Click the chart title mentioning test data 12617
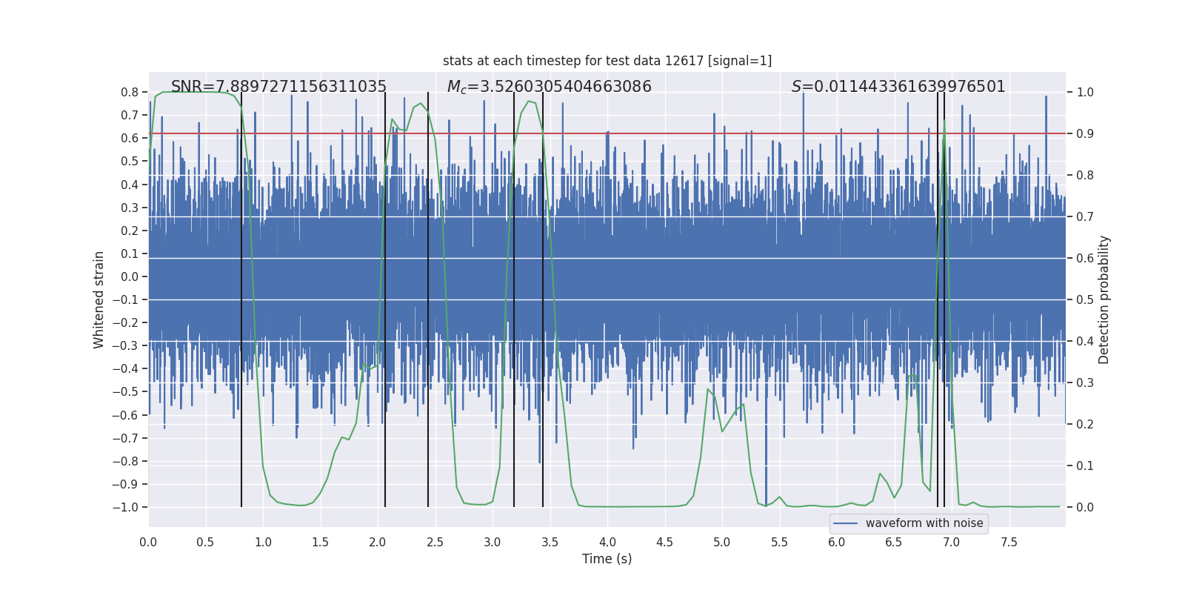point(607,61)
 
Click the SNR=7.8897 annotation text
point(278,87)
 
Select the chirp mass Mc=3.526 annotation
point(549,87)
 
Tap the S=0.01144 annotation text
point(898,87)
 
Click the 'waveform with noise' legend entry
point(924,523)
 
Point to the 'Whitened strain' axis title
point(99,299)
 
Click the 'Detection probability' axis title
point(1104,299)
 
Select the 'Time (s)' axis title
point(607,559)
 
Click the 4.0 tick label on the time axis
point(607,542)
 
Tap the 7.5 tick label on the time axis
point(1009,542)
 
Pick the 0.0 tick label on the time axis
point(148,542)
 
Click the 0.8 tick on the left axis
point(130,92)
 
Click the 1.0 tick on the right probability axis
point(1085,92)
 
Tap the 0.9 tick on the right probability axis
point(1085,133)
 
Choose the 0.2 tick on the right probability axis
point(1085,424)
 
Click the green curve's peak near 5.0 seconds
point(708,389)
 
